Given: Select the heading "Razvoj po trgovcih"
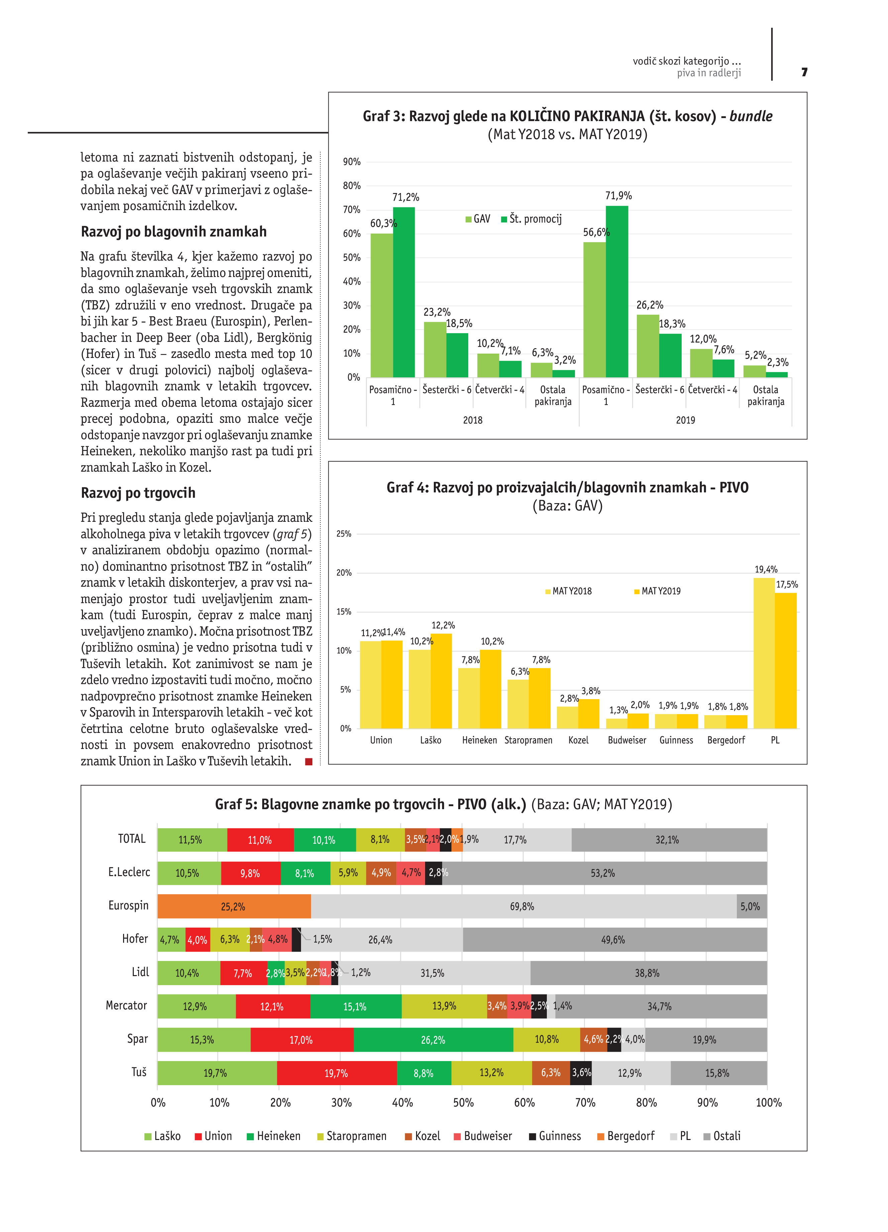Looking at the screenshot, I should (138, 493).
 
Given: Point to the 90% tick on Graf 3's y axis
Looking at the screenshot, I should (352, 162).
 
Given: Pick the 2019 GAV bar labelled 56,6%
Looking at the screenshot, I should (594, 310).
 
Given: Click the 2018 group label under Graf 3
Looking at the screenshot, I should (473, 420).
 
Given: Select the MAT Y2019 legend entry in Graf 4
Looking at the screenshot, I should (657, 591).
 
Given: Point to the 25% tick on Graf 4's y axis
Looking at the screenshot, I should (344, 534).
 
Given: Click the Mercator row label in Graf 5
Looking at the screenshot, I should (126, 1006).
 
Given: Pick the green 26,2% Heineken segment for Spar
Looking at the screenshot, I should (433, 1040).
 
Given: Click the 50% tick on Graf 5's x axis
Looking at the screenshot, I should (463, 1102).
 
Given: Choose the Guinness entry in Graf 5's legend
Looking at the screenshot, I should (555, 1136).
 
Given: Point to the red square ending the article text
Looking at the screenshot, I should (308, 762).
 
